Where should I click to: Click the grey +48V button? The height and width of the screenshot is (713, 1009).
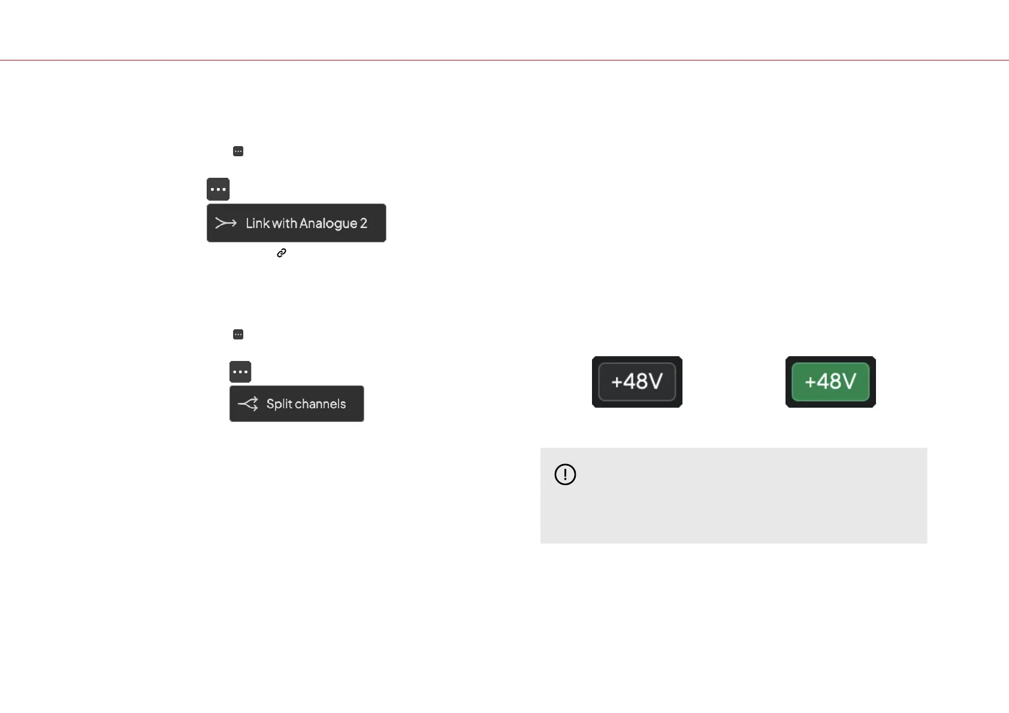637,382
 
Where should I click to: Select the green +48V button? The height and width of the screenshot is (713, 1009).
830,382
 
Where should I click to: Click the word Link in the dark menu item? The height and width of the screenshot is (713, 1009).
258,223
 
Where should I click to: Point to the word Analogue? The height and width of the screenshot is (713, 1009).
328,224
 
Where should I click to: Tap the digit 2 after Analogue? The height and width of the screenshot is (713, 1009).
364,223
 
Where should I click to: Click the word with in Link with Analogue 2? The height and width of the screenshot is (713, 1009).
284,223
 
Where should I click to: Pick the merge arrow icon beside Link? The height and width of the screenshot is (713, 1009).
226,223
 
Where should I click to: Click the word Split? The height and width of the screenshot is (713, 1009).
279,404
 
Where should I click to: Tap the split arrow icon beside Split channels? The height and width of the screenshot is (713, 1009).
248,404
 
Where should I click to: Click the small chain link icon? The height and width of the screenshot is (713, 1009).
282,253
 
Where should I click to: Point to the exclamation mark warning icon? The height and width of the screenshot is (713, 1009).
565,475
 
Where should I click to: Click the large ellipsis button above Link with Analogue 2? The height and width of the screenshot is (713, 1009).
218,189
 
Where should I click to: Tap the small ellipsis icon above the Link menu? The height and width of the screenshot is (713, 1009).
238,151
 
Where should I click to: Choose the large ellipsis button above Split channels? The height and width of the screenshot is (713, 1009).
240,372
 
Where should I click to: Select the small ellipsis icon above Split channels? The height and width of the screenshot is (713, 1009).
238,335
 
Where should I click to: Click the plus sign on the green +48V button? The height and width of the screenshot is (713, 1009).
810,382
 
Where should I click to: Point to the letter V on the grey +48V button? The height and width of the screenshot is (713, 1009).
654,381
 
